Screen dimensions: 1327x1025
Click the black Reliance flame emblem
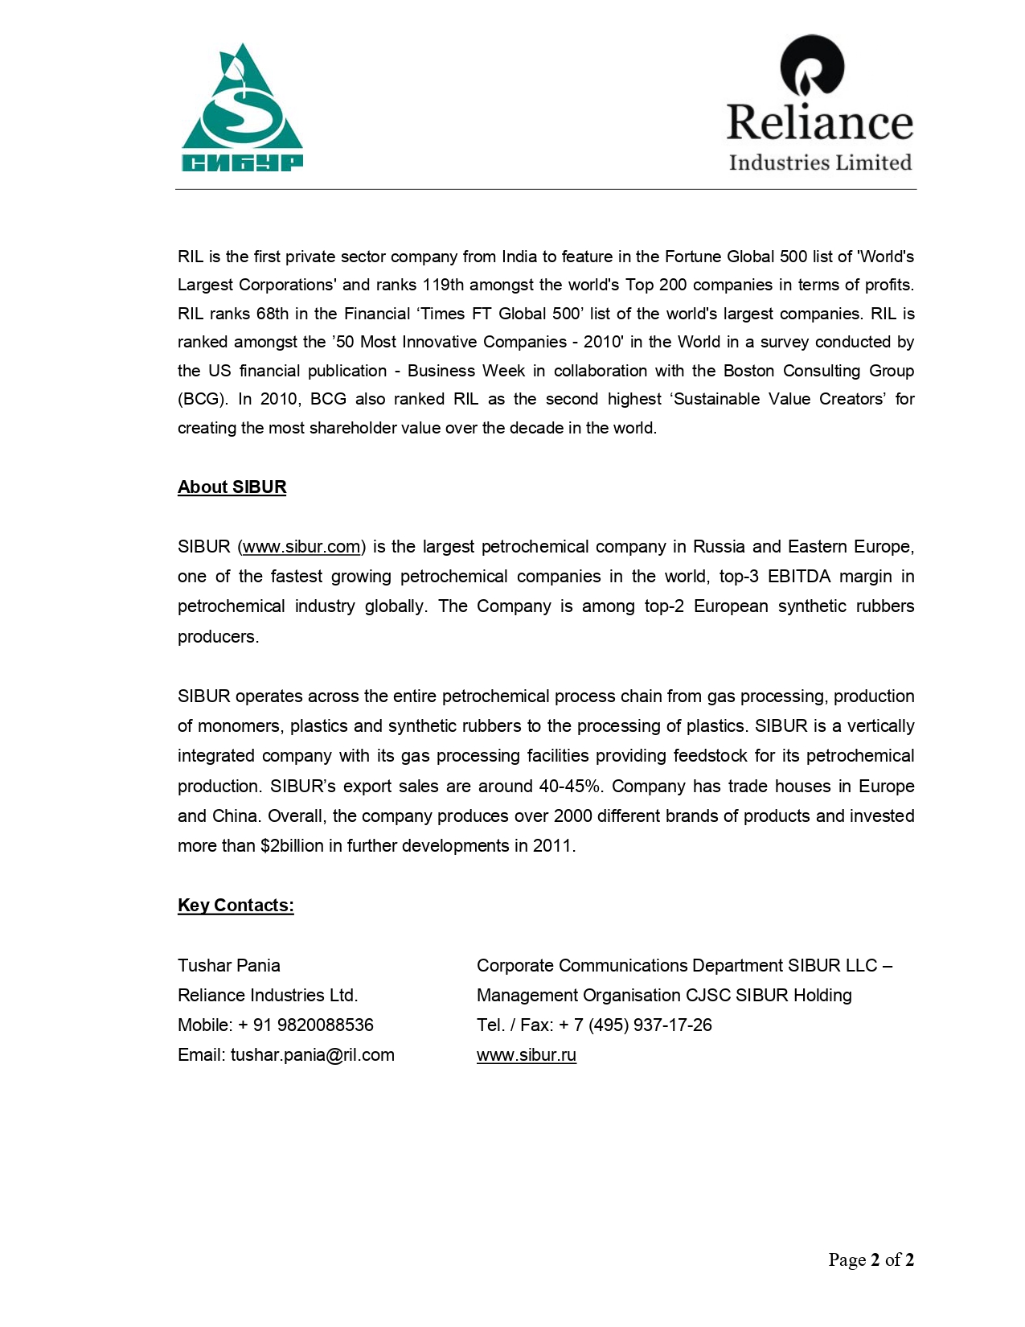[x=812, y=66]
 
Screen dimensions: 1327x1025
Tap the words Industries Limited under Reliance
[x=820, y=162]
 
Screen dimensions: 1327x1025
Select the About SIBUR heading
[x=232, y=487]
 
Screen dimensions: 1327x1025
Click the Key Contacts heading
[x=236, y=906]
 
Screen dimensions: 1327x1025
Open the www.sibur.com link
[x=301, y=547]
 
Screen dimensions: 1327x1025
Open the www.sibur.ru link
[x=526, y=1055]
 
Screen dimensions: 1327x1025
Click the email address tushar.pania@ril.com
[x=313, y=1055]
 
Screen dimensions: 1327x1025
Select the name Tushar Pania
[x=229, y=966]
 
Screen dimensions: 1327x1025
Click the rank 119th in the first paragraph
[x=443, y=286]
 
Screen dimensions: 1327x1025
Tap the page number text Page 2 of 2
[x=871, y=1260]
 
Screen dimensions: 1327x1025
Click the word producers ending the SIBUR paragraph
[x=218, y=637]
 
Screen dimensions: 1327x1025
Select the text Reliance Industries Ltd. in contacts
[x=268, y=996]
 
